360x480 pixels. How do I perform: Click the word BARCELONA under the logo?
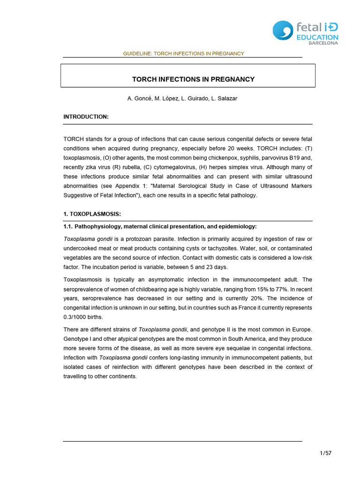pos(322,44)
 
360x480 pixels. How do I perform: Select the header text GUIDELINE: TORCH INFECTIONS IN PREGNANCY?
pos(183,53)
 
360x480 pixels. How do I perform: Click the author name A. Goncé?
pos(139,98)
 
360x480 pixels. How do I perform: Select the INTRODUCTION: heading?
pos(86,116)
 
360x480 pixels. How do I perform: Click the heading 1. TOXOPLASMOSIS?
pos(92,214)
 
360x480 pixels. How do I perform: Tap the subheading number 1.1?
pos(69,226)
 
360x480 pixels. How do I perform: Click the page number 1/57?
pos(325,453)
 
